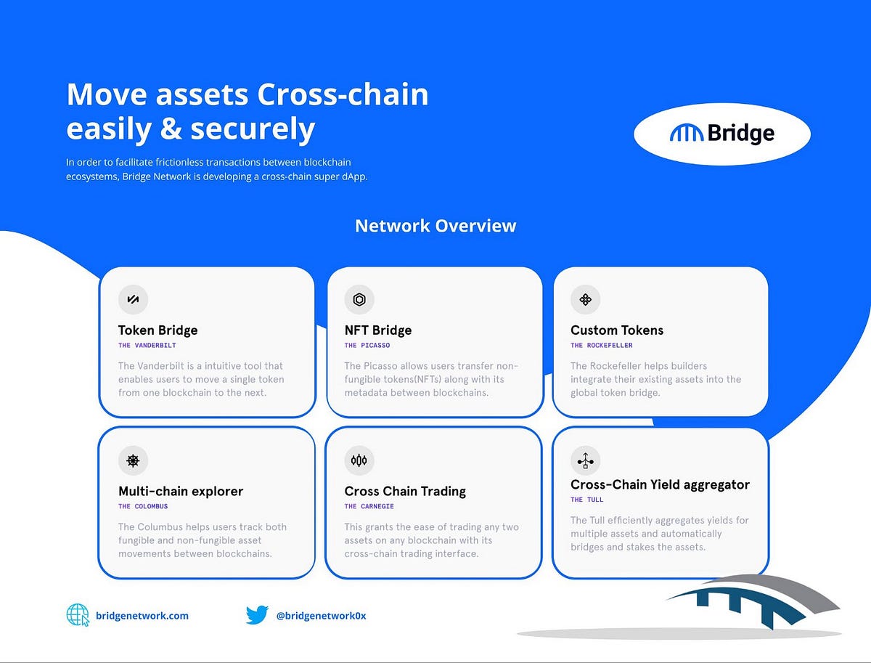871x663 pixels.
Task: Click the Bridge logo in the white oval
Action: tap(721, 134)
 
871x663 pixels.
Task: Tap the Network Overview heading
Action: tap(435, 226)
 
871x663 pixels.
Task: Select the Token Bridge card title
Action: tap(158, 330)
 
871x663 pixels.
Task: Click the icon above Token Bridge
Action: tap(133, 299)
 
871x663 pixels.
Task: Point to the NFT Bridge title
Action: tap(377, 330)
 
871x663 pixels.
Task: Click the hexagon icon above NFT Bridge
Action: tap(359, 299)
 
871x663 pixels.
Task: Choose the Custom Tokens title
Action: tap(616, 330)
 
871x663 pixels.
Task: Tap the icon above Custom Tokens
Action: tap(585, 299)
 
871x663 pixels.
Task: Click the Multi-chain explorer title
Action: tap(181, 492)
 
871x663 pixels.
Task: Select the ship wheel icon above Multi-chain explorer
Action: tap(133, 460)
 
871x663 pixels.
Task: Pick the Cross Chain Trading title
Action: tap(405, 492)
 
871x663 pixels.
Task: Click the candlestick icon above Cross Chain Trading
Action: tap(359, 460)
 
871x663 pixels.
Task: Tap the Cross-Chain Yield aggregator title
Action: tap(660, 484)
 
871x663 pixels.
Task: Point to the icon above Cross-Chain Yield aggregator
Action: tap(585, 460)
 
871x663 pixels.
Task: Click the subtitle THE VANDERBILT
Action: tap(147, 346)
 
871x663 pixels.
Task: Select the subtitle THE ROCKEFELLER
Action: tap(601, 346)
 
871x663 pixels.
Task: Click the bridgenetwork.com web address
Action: tap(142, 616)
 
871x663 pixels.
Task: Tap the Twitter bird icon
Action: tap(257, 615)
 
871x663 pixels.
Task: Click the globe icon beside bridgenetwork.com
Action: tap(78, 615)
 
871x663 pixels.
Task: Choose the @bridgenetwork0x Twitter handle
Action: tap(321, 616)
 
